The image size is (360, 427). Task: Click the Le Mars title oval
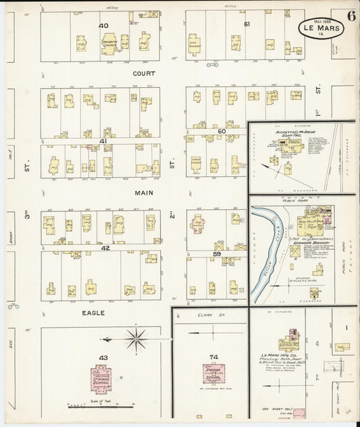click(x=321, y=29)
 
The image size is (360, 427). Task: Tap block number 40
click(x=103, y=26)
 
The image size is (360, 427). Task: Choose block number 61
click(x=247, y=24)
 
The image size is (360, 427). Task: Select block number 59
click(x=217, y=254)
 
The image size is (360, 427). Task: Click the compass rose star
click(x=136, y=339)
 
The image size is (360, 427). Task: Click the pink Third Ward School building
click(x=103, y=378)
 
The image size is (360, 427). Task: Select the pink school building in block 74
click(x=214, y=374)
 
